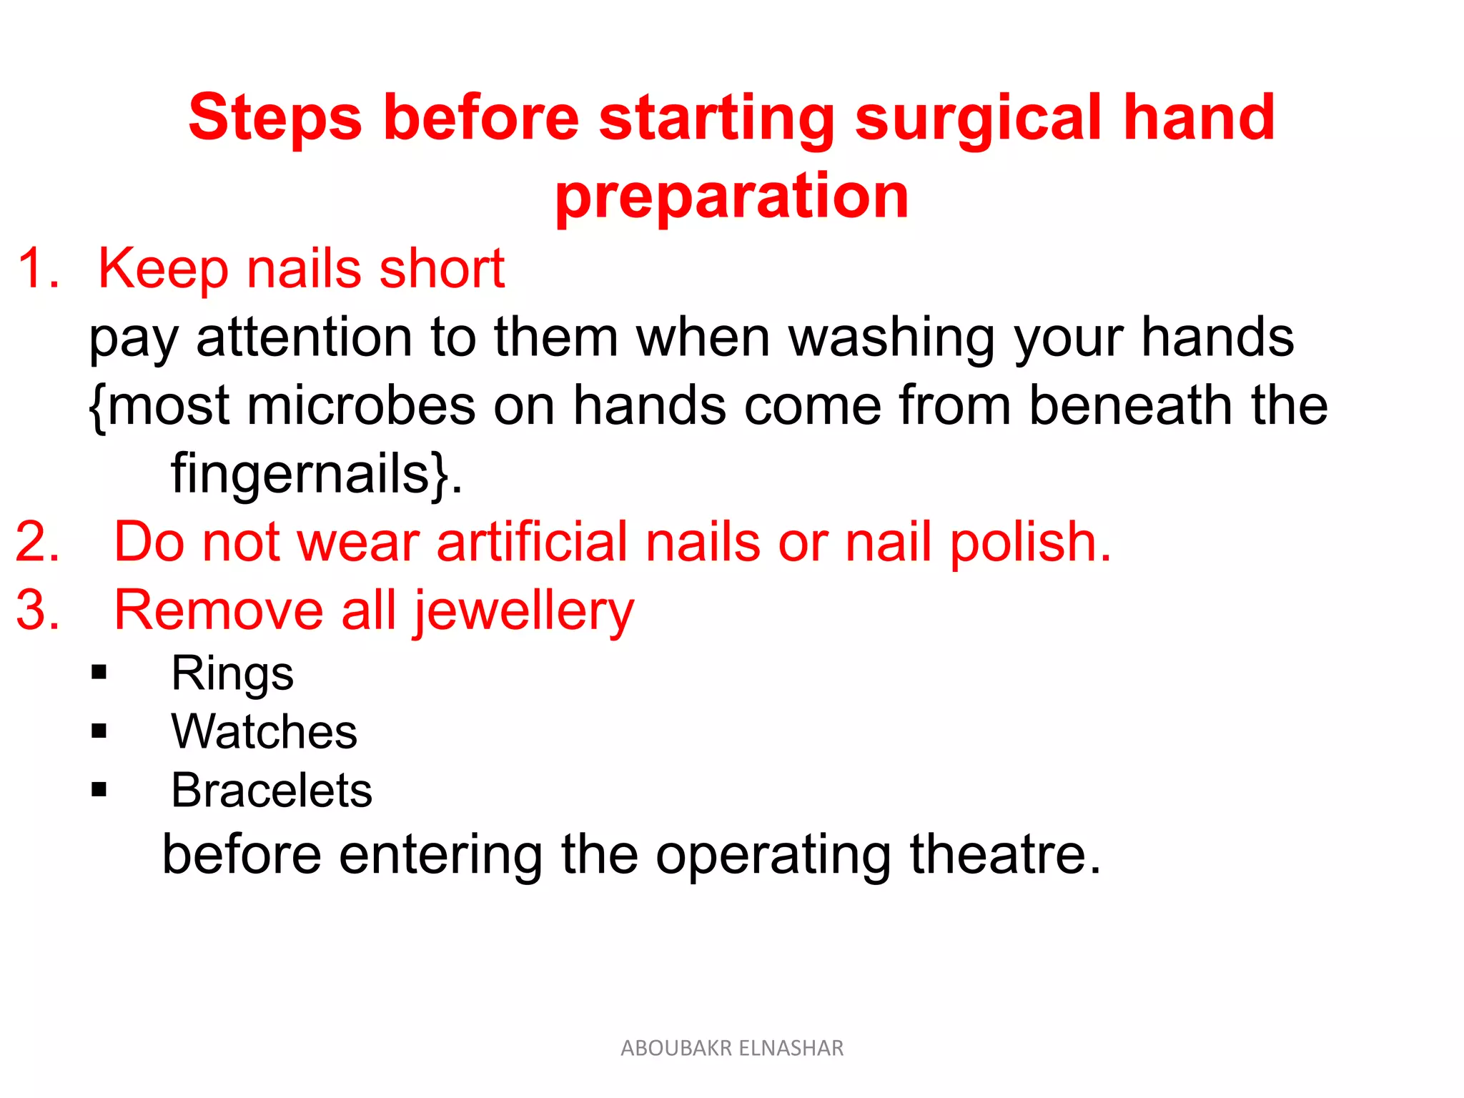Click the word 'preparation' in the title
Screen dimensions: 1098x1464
tap(731, 197)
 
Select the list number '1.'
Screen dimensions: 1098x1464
tap(38, 269)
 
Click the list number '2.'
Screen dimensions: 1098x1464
tap(38, 542)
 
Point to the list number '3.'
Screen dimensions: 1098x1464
tap(38, 610)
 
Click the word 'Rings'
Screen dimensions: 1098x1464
tap(232, 673)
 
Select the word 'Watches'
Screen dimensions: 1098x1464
tap(264, 732)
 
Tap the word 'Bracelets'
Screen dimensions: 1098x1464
tap(272, 791)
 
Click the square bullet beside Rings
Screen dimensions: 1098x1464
tap(99, 673)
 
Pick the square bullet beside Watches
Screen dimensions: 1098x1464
tap(99, 731)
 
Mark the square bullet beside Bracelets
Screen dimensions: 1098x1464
tap(99, 790)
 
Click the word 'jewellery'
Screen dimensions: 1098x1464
tap(524, 612)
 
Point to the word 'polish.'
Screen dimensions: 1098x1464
tap(1030, 542)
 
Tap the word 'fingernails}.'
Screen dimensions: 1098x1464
tap(317, 474)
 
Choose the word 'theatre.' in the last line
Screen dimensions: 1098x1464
tap(1004, 854)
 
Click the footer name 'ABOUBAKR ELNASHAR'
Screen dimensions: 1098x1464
tap(732, 1048)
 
